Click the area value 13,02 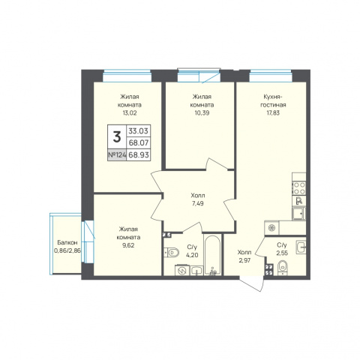coord(130,113)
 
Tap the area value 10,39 coord(202,113)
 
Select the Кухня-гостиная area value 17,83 coord(273,113)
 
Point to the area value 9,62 coord(128,245)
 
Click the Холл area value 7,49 coord(197,203)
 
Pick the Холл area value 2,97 coord(244,260)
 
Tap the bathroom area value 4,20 coord(192,256)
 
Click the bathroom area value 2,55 coord(282,253)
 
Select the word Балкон coord(67,242)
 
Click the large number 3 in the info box coord(117,137)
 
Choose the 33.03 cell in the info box coord(139,130)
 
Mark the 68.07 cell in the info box coord(139,142)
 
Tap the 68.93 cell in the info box coord(139,154)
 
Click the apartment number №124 coord(117,155)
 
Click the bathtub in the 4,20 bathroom coord(212,255)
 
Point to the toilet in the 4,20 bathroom coord(172,253)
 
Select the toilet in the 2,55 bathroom coord(283,268)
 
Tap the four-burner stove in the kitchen coord(299,188)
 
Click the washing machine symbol coord(182,270)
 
